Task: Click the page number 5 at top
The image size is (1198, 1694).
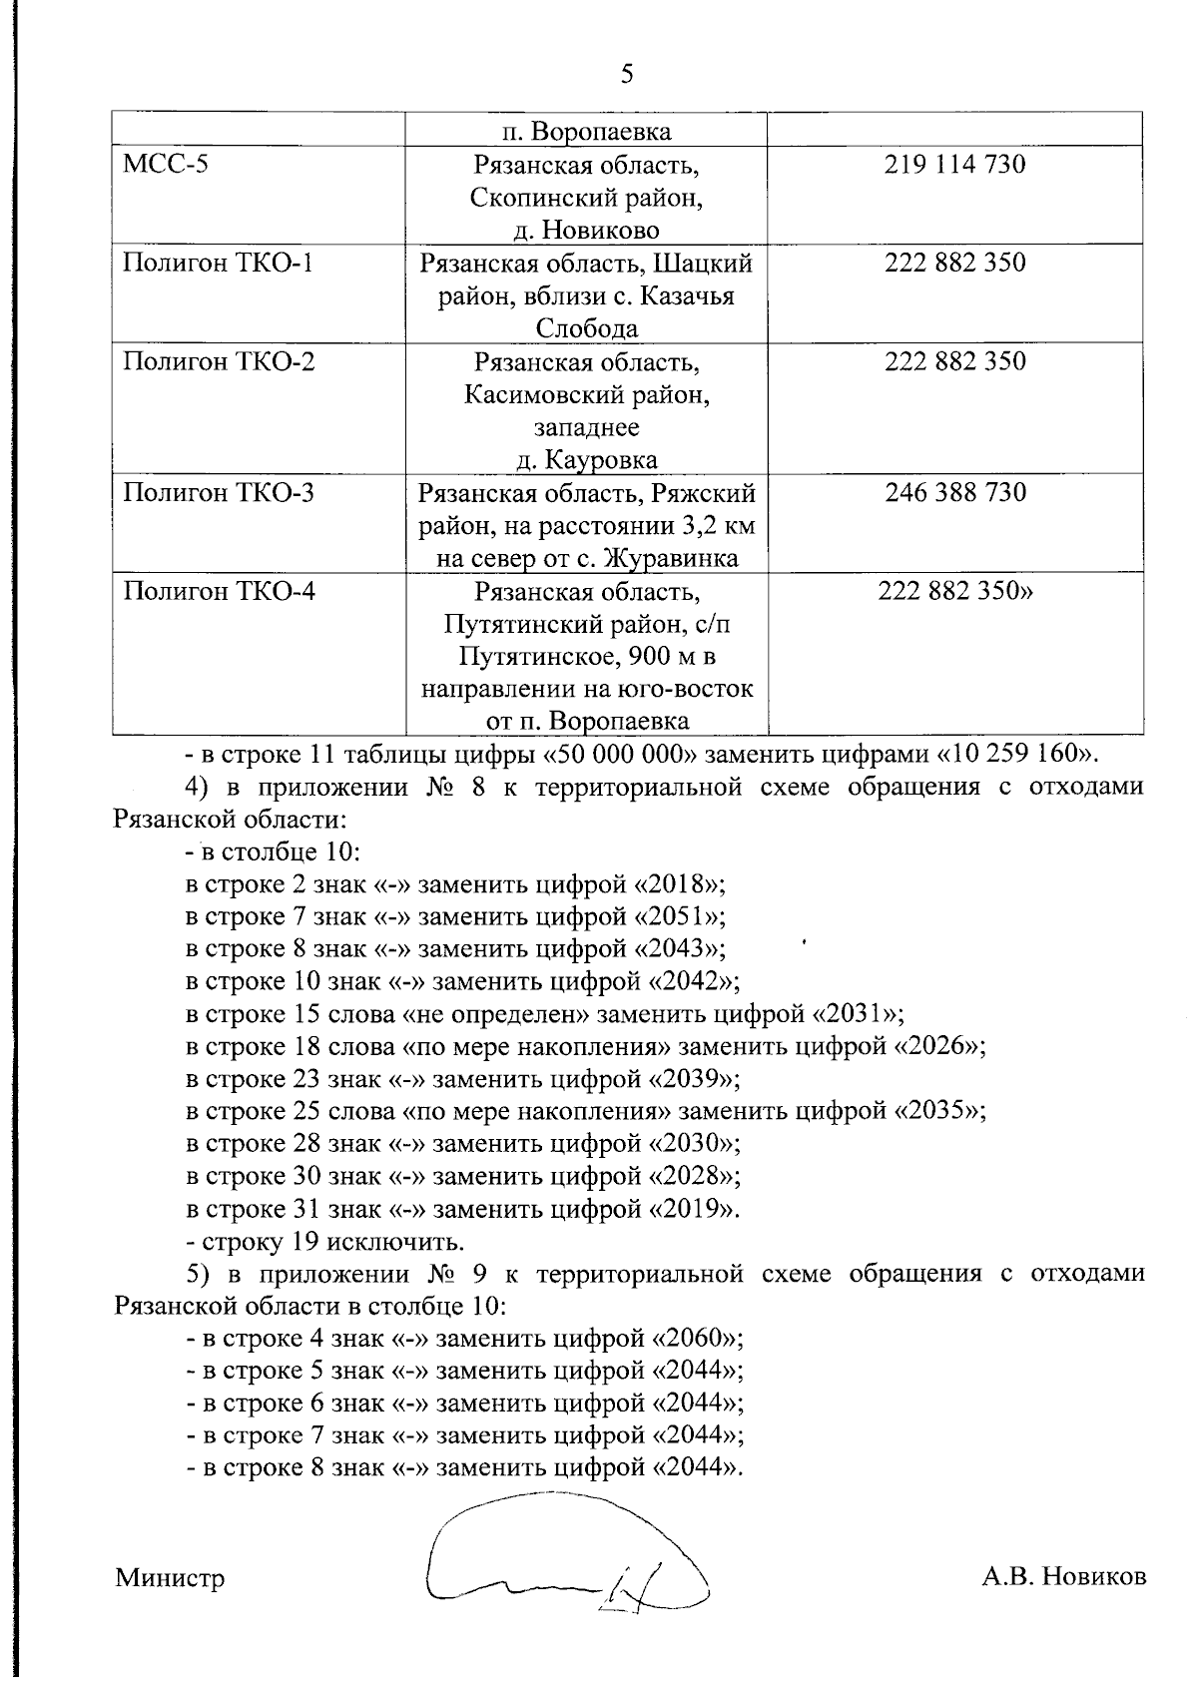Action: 627,75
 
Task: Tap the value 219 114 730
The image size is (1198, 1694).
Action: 954,164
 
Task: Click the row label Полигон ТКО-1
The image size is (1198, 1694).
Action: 218,263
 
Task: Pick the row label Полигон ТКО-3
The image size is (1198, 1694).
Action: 219,492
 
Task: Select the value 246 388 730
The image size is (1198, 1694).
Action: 954,492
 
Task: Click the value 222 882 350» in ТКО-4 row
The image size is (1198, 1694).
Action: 955,591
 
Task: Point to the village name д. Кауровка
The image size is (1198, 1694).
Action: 587,460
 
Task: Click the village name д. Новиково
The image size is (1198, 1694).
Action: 587,230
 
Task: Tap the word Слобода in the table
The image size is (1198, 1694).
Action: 587,328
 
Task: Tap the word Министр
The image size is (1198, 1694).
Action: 170,1577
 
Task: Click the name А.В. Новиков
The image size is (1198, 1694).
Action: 1063,1576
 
